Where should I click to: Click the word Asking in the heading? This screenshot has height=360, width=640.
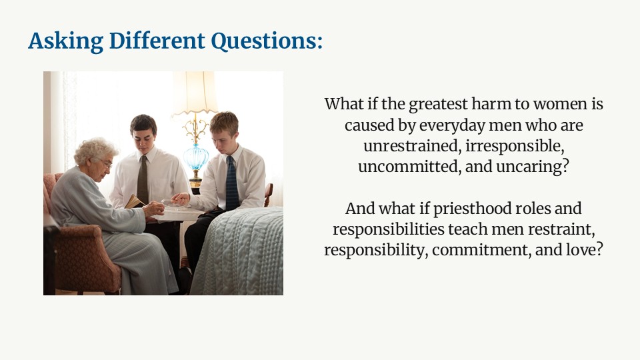[66, 41]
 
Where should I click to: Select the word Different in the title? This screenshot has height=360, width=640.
[157, 41]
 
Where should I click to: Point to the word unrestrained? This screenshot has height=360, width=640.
[412, 146]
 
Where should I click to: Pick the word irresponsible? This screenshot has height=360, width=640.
[515, 146]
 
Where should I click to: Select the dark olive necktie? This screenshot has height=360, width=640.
[143, 180]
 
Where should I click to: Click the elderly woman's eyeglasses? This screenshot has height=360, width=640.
[106, 163]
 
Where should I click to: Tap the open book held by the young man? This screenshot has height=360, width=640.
[134, 201]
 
